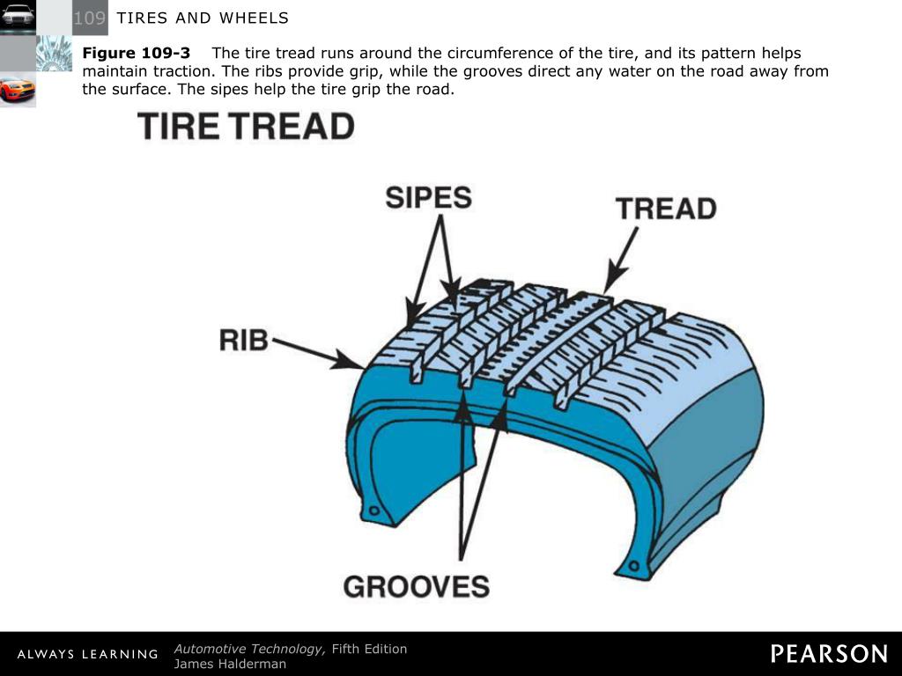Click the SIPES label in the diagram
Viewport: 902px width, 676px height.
tap(428, 197)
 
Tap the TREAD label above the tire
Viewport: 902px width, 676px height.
tap(666, 209)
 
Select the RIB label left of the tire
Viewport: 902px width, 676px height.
tap(244, 340)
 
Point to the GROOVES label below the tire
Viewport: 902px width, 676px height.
tap(416, 586)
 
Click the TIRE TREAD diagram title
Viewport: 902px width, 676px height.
tap(246, 127)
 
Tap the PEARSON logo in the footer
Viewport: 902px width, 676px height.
tap(829, 654)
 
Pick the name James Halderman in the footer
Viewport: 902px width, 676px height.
tap(230, 664)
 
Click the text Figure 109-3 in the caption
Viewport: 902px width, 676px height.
tap(137, 53)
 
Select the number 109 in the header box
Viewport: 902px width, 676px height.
tap(90, 18)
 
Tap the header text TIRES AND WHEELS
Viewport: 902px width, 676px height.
tap(203, 18)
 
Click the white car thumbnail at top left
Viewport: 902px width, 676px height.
tap(18, 16)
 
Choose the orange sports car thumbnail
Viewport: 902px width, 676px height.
tap(18, 89)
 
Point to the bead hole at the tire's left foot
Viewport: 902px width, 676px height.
tap(375, 511)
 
